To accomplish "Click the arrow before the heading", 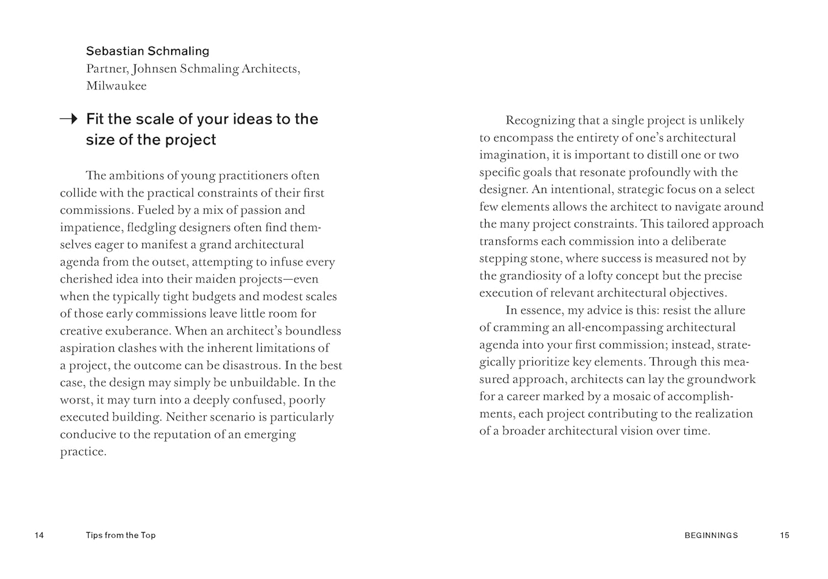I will [68, 119].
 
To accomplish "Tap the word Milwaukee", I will [116, 86].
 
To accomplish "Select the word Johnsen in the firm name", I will [155, 69].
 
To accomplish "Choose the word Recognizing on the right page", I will [540, 120].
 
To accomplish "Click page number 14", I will [39, 535].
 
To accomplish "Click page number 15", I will [784, 535].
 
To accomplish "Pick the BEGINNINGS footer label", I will [711, 535].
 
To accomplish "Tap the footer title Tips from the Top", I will [121, 535].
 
